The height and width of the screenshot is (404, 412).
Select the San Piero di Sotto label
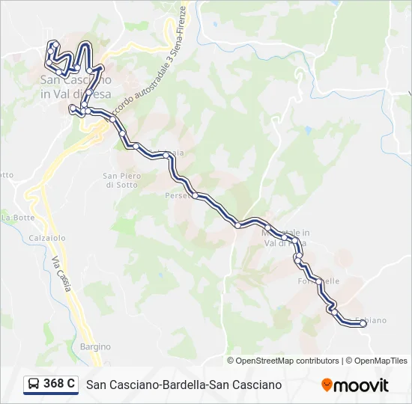[x=120, y=180]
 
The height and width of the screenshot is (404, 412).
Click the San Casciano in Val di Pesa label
[x=76, y=86]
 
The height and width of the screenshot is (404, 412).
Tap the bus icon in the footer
[x=34, y=385]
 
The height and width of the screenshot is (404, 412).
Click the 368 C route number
[x=59, y=384]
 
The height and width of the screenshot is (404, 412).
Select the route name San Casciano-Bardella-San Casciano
[x=184, y=385]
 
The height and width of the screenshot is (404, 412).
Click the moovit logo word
[x=361, y=385]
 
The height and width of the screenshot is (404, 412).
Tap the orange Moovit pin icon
[x=327, y=385]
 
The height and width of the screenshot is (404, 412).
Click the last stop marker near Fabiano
[x=363, y=324]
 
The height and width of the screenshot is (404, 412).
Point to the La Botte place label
[x=18, y=217]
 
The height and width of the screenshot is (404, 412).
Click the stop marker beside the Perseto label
[x=195, y=196]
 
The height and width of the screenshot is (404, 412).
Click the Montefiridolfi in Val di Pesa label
[x=285, y=238]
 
